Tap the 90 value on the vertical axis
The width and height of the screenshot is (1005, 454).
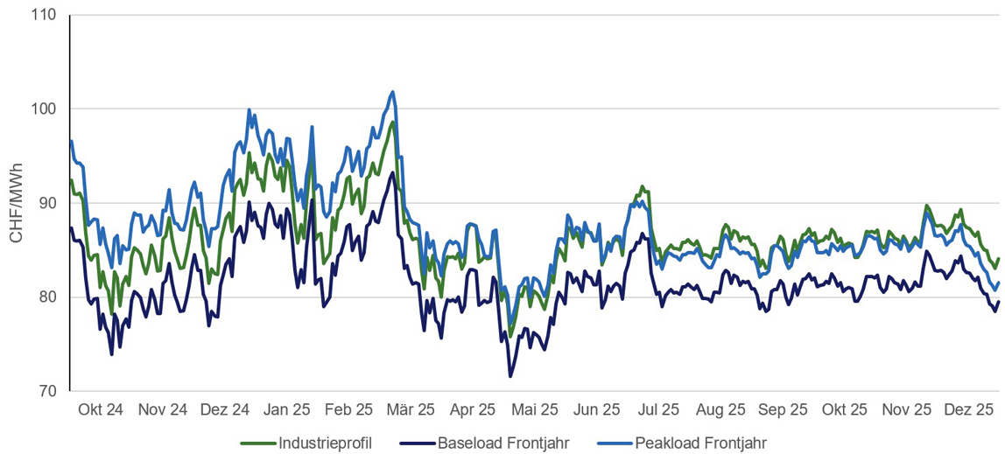[45, 203]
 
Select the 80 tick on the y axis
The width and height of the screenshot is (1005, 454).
[45, 297]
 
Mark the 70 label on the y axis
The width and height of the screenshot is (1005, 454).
[45, 391]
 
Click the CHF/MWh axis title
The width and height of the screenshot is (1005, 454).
[15, 203]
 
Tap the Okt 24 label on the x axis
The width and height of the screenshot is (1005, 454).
[101, 409]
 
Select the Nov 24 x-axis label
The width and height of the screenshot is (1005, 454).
[163, 409]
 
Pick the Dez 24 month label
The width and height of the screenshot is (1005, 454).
[225, 409]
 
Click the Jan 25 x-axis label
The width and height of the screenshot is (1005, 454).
[287, 409]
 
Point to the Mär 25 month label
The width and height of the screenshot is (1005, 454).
[411, 409]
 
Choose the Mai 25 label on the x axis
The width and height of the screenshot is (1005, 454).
[535, 409]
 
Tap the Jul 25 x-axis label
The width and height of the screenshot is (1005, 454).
[658, 409]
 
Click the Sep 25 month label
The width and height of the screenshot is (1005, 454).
[783, 409]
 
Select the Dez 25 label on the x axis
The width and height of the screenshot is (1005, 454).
[969, 409]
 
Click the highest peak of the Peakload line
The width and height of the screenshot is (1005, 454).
[392, 92]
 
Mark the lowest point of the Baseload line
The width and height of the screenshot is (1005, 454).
[510, 376]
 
